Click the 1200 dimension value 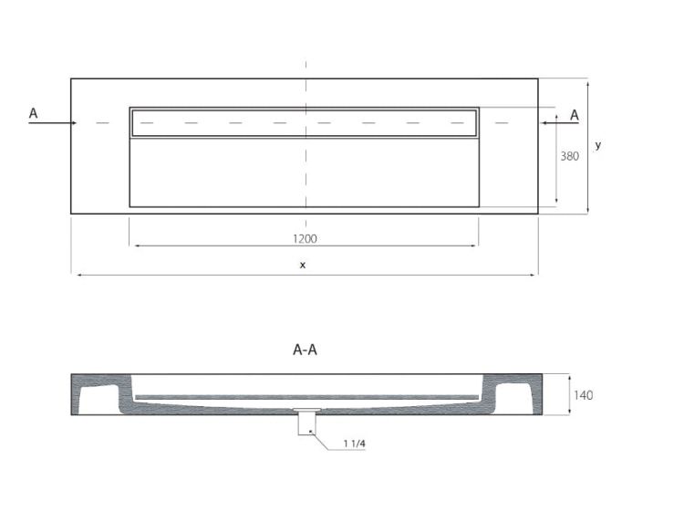305,239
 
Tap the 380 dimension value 570,156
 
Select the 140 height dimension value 584,395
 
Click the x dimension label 303,265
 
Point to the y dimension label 598,145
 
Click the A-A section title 305,350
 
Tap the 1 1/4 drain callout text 354,444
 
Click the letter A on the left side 33,113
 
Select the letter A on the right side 575,115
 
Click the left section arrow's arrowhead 74,123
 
